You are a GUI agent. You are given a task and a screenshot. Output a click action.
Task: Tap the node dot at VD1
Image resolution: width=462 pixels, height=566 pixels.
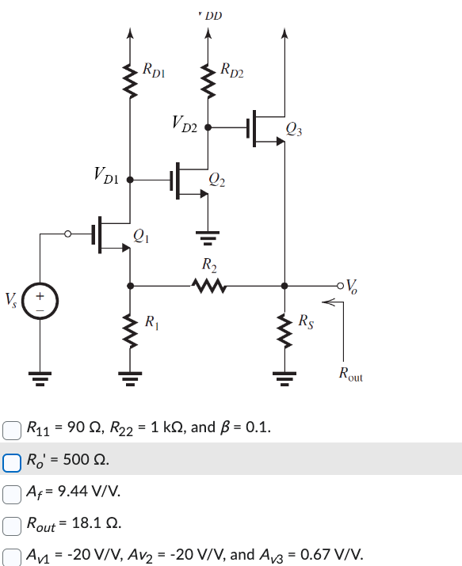point(129,180)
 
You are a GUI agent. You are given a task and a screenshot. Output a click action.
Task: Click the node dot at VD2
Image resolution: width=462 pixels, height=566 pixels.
point(208,127)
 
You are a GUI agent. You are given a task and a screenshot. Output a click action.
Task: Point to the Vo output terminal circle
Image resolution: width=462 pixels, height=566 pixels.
point(341,284)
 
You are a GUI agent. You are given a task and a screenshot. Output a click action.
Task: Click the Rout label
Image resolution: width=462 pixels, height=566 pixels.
point(349,375)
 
